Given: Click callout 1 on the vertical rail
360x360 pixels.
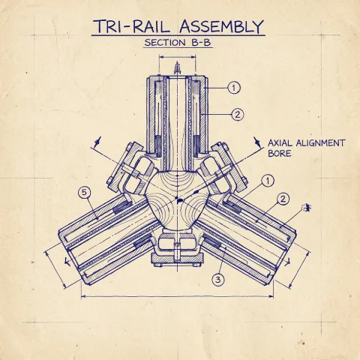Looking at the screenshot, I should (x=235, y=88).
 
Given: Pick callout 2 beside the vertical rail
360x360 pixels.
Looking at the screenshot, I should (x=237, y=115).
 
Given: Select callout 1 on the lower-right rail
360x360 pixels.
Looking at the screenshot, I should (x=268, y=181).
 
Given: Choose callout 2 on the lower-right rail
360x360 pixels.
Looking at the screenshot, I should (x=283, y=199).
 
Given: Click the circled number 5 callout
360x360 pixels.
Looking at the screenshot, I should (x=85, y=193).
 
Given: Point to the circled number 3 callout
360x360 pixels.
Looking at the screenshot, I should (x=218, y=280).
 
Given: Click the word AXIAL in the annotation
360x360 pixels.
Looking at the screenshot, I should (x=283, y=142).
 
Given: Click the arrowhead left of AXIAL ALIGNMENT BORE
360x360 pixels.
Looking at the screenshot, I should (x=257, y=140).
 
